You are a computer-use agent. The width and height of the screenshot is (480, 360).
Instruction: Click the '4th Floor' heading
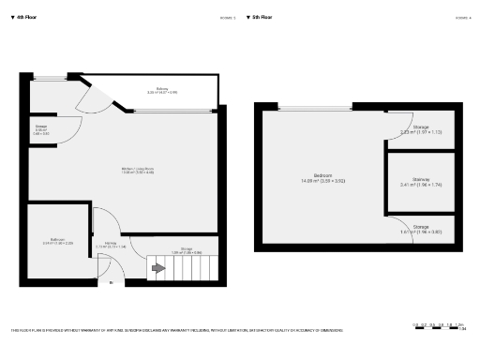pos(26,18)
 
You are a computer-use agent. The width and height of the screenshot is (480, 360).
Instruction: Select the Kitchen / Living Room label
pos(138,170)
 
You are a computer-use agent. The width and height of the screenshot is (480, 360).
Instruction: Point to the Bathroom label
pos(58,242)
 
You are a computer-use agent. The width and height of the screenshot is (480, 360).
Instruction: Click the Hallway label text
pos(112,246)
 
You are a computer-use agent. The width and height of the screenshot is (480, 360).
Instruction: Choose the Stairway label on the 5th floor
pos(421,183)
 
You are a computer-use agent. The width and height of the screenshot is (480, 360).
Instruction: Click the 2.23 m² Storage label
pos(421,130)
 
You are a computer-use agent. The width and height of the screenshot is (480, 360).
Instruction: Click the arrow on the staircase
pos(158,270)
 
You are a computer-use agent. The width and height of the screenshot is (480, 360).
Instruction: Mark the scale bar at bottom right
pos(440,324)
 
